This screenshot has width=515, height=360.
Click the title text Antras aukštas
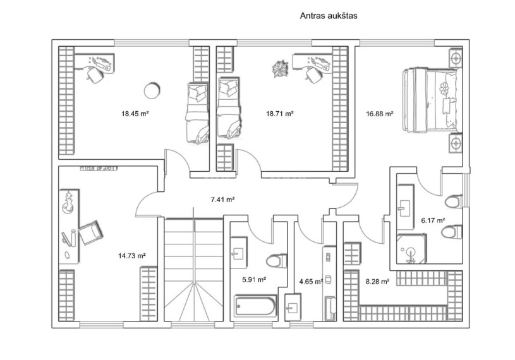pyautogui.click(x=329, y=16)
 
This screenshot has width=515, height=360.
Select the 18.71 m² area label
pyautogui.click(x=279, y=114)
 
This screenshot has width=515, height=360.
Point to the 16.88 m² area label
pyautogui.click(x=380, y=114)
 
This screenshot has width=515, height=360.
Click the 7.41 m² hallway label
pyautogui.click(x=222, y=199)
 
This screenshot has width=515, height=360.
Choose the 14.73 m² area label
pyautogui.click(x=132, y=256)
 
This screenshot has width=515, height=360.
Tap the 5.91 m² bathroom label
pyautogui.click(x=254, y=280)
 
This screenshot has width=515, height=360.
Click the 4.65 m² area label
pyautogui.click(x=311, y=281)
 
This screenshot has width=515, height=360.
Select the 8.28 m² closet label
pyautogui.click(x=378, y=281)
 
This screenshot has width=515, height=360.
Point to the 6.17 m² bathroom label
pyautogui.click(x=433, y=220)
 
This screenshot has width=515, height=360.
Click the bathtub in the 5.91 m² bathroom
pyautogui.click(x=255, y=306)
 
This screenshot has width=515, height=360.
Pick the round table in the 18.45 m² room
pyautogui.click(x=152, y=90)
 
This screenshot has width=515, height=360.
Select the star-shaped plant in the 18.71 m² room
pyautogui.click(x=279, y=69)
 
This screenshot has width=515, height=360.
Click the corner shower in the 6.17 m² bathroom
pyautogui.click(x=411, y=248)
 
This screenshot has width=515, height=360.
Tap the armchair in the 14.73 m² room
pyautogui.click(x=91, y=232)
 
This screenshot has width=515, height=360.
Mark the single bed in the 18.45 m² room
pyautogui.click(x=198, y=113)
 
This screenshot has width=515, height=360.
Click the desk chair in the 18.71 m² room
pyautogui.click(x=313, y=74)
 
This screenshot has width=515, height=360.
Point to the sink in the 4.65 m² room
pyautogui.click(x=293, y=308)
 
